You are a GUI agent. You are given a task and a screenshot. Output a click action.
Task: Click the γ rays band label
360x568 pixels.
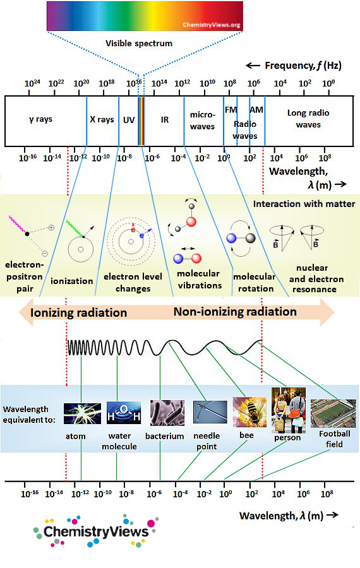click(41, 119)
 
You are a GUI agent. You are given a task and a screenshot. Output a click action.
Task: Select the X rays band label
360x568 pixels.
click(102, 119)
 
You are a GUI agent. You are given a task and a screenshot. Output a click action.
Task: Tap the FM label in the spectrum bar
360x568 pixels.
click(231, 110)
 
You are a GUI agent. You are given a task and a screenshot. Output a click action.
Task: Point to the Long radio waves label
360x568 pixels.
click(308, 119)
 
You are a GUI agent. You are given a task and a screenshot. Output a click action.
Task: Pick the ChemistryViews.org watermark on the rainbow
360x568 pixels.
click(211, 25)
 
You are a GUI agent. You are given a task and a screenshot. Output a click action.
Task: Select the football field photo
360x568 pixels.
click(333, 413)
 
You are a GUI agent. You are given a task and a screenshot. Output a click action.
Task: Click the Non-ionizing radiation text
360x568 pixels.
click(235, 312)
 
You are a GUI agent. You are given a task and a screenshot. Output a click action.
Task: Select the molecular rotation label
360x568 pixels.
click(254, 282)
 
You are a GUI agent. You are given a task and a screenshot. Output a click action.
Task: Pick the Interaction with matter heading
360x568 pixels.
click(304, 204)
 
